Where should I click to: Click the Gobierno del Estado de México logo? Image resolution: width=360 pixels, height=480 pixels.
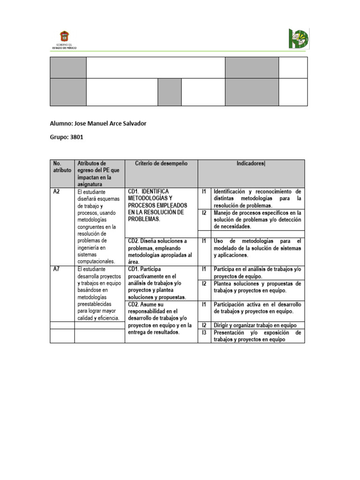tap(64, 40)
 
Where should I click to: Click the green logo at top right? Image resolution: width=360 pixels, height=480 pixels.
tap(298, 39)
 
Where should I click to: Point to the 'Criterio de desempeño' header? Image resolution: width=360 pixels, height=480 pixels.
tap(161, 164)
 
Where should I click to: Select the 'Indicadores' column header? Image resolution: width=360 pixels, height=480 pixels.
tap(251, 164)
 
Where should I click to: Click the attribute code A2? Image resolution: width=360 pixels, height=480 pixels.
tap(57, 192)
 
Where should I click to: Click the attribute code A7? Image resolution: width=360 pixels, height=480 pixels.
tap(57, 270)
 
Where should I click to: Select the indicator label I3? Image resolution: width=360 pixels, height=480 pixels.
tap(204, 332)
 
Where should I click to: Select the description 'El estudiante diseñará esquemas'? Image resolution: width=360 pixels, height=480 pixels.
tap(98, 226)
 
